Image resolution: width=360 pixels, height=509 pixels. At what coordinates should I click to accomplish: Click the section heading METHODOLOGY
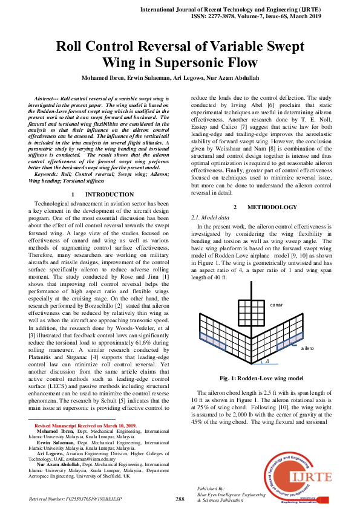(272, 207)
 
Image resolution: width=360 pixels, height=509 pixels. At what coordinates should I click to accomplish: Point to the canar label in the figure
(277, 305)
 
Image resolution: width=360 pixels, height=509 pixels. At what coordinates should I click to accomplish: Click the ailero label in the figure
(307, 349)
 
